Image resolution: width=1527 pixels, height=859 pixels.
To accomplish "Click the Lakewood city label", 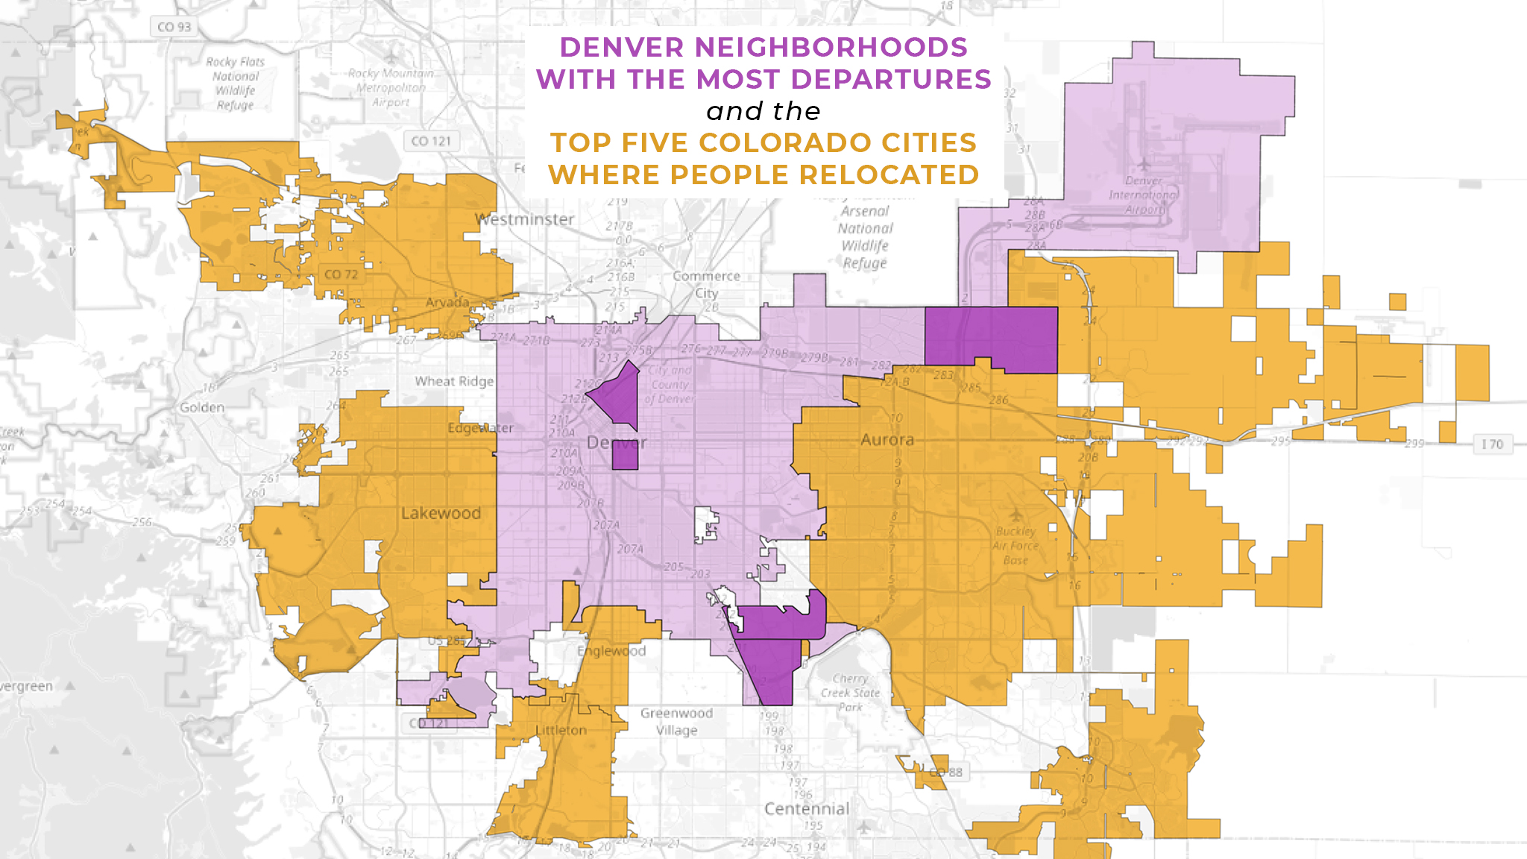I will [x=441, y=513].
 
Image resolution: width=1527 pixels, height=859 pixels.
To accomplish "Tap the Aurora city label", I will [x=887, y=440].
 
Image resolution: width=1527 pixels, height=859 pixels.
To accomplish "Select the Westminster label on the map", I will [x=526, y=219].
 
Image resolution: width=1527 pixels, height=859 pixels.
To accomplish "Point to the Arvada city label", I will [x=447, y=302].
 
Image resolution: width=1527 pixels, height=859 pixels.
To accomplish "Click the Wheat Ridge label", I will [x=454, y=381].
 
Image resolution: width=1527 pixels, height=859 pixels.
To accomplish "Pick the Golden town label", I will [x=201, y=407].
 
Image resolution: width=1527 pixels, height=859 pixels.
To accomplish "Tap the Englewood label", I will [x=611, y=651].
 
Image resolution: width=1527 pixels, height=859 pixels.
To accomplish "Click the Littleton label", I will [x=561, y=730].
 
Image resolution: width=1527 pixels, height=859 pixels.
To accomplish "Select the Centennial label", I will [x=807, y=808].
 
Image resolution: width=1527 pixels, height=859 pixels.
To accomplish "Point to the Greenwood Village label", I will [x=677, y=722].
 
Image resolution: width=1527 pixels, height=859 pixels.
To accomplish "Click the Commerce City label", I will [x=706, y=284].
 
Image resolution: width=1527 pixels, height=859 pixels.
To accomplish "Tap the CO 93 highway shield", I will [x=174, y=27].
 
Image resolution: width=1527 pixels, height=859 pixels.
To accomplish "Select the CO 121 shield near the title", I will [x=431, y=141].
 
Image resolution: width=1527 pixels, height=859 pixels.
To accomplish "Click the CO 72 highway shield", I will [x=341, y=274].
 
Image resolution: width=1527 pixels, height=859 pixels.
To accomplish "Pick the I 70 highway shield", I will [x=1492, y=444].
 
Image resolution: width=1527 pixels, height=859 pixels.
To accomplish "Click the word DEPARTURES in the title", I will [x=891, y=79].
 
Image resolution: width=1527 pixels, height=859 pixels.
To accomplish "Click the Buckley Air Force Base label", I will [x=1016, y=545].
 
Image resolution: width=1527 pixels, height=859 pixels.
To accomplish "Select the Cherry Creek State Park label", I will [x=851, y=693].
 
